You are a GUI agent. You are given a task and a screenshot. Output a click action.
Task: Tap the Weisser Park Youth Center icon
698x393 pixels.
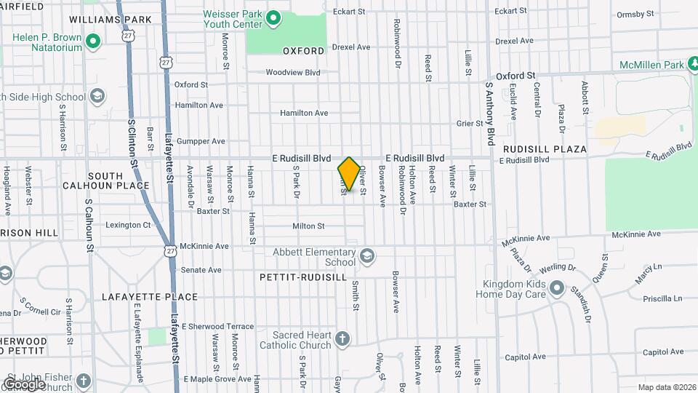coord(273,17)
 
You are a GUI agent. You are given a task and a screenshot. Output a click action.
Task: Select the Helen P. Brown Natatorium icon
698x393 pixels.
coord(92,41)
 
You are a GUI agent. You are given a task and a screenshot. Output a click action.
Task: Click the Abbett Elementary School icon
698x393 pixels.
coord(368,255)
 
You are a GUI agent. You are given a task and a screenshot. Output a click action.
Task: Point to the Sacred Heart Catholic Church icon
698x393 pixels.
coord(342,338)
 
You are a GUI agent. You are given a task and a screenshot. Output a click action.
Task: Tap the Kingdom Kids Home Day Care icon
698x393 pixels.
coord(557,288)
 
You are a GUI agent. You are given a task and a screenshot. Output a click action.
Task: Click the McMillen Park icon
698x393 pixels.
coord(696,65)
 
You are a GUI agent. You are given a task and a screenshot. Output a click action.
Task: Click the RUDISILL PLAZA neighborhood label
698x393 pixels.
coord(545,149)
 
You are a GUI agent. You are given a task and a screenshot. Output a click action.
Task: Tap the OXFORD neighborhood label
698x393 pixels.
coord(303,51)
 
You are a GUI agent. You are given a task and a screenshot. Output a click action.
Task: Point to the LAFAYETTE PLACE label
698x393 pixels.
coord(150,297)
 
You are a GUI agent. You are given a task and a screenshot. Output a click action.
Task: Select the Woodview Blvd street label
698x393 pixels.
coord(293,72)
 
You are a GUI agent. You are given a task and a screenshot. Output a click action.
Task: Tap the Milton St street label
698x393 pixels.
coord(308,226)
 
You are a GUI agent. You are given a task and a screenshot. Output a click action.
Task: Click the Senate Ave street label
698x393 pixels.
coord(201,269)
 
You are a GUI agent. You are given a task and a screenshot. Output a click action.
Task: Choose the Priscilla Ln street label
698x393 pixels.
coord(663,298)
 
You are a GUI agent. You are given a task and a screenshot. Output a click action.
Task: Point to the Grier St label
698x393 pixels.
coord(465,124)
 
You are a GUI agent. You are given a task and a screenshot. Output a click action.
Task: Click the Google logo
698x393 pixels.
coord(25,384)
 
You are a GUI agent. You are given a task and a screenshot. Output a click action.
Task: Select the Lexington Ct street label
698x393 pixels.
coord(128,225)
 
